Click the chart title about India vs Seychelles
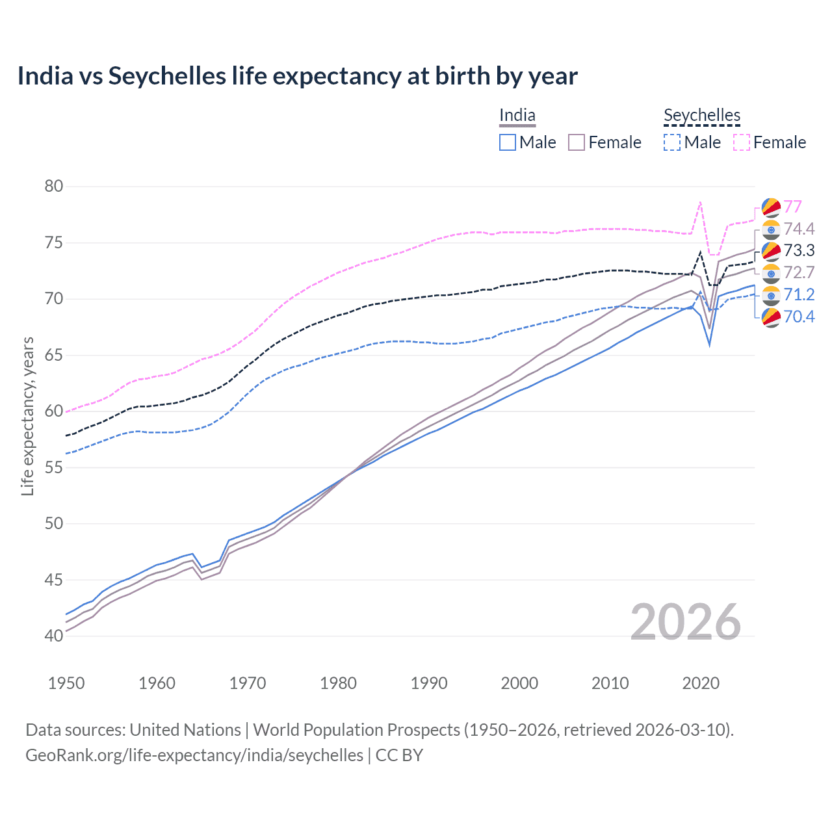(297, 76)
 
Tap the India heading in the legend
(517, 116)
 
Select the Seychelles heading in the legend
(702, 116)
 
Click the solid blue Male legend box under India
(508, 142)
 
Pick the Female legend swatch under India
(577, 142)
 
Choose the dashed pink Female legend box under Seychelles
(742, 142)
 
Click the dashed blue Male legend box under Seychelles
(672, 142)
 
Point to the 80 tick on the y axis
(54, 187)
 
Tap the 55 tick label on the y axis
(54, 467)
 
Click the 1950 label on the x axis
(66, 683)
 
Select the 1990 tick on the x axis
(429, 683)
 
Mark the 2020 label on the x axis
(701, 683)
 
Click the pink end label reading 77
(792, 207)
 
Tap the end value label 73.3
(799, 251)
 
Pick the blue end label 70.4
(799, 317)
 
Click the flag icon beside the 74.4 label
(771, 229)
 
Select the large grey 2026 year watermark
(685, 623)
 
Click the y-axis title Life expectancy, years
(28, 416)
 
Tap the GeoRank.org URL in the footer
(194, 755)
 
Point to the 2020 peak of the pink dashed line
(700, 202)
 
